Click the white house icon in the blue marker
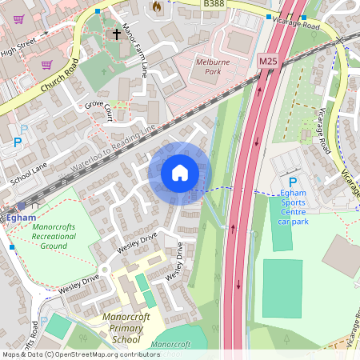[x=180, y=173]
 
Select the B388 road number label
[x=214, y=4]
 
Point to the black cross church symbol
[x=118, y=34]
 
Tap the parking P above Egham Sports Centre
[x=292, y=182]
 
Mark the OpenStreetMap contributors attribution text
[x=80, y=354]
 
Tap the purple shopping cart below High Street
[x=47, y=65]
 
